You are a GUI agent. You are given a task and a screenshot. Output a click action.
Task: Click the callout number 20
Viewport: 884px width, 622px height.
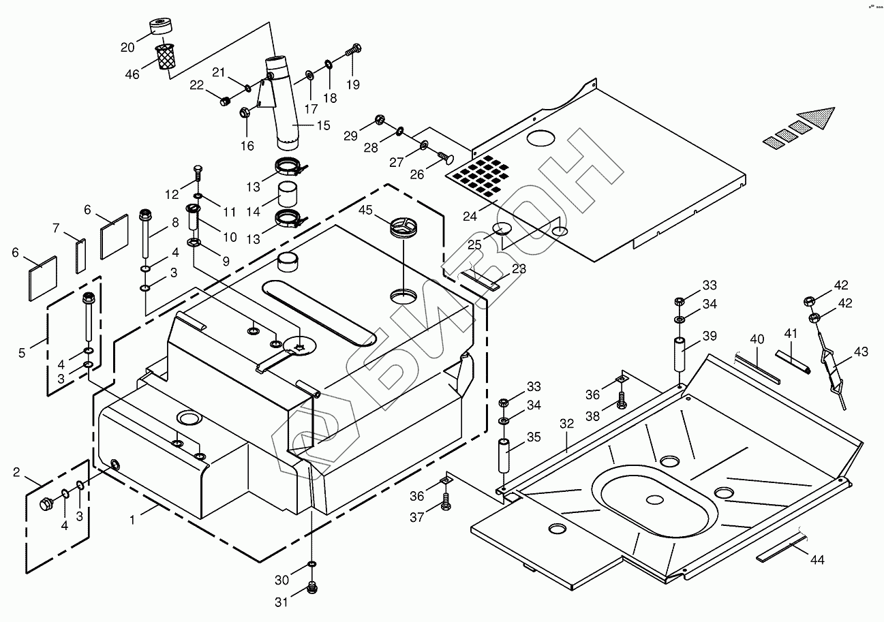(x=127, y=47)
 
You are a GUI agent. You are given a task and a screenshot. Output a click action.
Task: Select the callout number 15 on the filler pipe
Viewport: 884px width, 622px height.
(x=322, y=125)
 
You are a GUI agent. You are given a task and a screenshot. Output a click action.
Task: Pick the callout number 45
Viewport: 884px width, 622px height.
(x=365, y=211)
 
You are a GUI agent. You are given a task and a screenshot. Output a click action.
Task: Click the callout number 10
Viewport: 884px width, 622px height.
(x=229, y=237)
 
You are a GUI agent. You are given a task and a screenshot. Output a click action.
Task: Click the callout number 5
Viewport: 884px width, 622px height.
(x=22, y=353)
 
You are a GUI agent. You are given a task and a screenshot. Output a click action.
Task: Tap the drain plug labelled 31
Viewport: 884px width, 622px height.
(x=313, y=587)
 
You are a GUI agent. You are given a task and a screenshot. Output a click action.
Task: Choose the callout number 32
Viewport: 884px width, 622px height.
(x=567, y=423)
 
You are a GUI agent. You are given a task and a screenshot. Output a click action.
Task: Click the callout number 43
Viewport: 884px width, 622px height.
(x=861, y=352)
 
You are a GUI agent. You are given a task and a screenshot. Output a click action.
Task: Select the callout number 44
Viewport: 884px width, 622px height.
(x=817, y=560)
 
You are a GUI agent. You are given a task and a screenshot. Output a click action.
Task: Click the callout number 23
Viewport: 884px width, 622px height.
(x=519, y=269)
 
